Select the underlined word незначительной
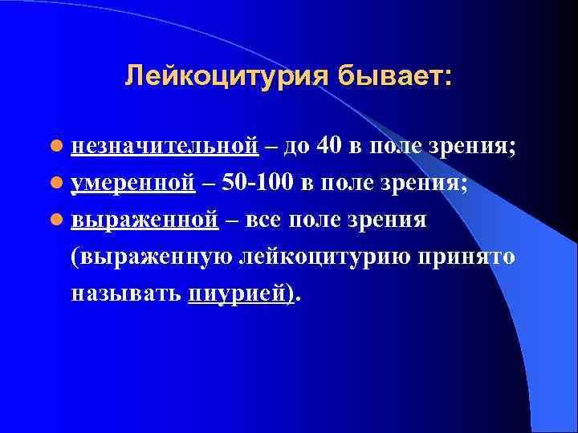click(x=164, y=147)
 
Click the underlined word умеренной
click(x=133, y=183)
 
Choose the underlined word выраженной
click(x=144, y=220)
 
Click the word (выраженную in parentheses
click(x=152, y=257)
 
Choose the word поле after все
click(x=320, y=220)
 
